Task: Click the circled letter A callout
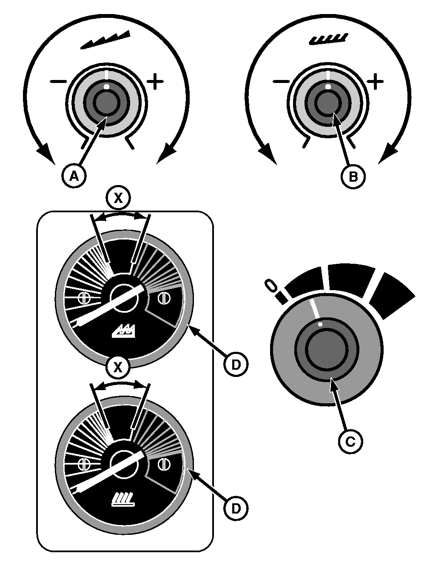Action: point(74,176)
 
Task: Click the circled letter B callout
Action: point(353,177)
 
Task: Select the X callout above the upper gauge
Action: point(118,198)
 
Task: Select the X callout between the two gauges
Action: point(118,368)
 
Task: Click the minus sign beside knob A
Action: point(58,82)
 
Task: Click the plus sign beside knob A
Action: point(155,81)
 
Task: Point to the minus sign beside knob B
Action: point(281,82)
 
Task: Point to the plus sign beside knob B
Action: point(375,81)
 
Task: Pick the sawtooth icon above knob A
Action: point(105,40)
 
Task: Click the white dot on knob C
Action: point(320,324)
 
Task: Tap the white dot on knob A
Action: point(107,86)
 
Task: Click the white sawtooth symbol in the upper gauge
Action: point(124,331)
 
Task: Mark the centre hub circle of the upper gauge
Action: point(124,298)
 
